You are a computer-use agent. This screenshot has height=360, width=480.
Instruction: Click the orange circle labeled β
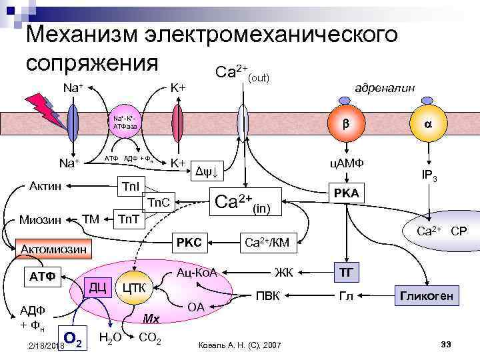tap(346, 124)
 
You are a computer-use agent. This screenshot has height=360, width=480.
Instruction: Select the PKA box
tap(347, 193)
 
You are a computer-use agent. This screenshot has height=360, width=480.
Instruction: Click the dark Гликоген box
tap(427, 295)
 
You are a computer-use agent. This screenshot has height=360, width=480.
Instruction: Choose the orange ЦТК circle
tap(135, 288)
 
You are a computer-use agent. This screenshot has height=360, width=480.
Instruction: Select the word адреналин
tap(385, 88)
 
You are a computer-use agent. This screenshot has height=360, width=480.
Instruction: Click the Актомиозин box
tap(54, 249)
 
